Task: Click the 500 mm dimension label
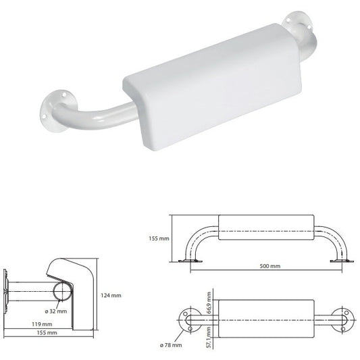[269, 266]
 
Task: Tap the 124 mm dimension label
[111, 295]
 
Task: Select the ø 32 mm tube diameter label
[56, 311]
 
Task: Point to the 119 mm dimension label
[42, 324]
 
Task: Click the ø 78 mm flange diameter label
[171, 345]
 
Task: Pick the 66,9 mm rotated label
[209, 303]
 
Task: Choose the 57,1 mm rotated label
[209, 338]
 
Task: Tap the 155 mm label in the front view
[159, 238]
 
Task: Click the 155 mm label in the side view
[47, 333]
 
